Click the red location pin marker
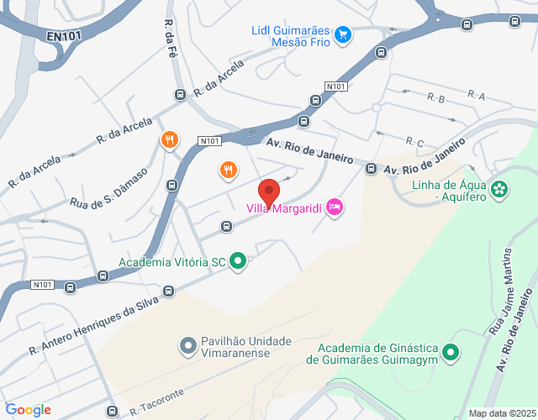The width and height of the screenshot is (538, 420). [x=268, y=192]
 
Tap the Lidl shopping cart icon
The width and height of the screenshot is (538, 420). [x=342, y=34]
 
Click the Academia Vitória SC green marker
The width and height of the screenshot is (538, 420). [x=238, y=262]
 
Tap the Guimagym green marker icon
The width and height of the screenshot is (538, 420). [x=451, y=352]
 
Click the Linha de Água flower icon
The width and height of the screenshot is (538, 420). [x=501, y=189]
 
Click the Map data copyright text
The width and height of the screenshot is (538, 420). [x=500, y=412]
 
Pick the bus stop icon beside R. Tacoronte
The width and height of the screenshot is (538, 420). [x=112, y=412]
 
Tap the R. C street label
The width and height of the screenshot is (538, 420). [x=414, y=142]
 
